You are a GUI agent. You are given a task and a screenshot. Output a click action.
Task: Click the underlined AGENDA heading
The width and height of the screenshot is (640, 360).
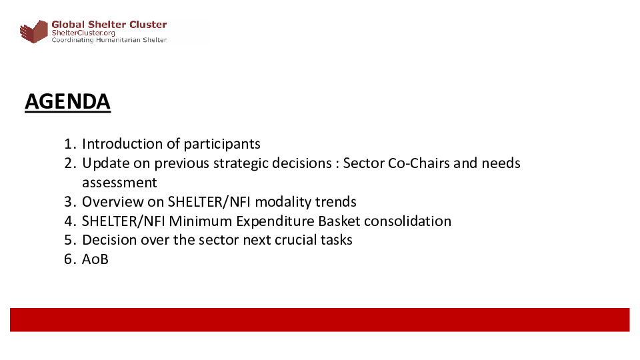point(68,101)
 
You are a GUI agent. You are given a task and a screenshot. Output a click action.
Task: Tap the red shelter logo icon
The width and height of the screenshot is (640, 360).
point(34,31)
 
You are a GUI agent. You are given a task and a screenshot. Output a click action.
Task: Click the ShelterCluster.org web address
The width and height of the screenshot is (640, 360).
point(83,33)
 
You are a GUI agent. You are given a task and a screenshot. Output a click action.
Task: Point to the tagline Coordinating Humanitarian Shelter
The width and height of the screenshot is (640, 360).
point(109,40)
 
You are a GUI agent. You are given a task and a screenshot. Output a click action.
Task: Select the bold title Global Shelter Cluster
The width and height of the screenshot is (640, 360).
point(109,25)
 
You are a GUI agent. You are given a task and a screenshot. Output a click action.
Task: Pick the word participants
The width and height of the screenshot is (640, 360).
point(222,145)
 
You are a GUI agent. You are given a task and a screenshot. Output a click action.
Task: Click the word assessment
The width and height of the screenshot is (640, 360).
point(119,183)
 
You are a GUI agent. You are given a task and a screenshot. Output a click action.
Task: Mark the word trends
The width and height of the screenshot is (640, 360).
point(335,201)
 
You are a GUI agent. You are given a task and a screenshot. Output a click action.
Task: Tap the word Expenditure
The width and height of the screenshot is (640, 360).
point(275,221)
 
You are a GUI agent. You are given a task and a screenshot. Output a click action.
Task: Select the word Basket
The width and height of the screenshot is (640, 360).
point(339,221)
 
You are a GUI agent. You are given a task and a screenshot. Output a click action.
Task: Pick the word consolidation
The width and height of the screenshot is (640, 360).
point(407,221)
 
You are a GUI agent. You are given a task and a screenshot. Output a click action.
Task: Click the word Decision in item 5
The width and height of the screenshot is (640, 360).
point(109,239)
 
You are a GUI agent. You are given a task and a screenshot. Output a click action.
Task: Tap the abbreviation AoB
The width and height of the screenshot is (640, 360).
point(95,259)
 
